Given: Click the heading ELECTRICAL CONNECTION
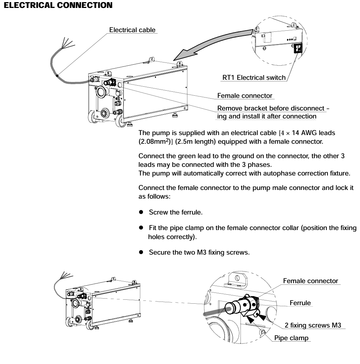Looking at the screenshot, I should [56, 5].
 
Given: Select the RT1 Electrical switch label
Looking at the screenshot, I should [253, 77].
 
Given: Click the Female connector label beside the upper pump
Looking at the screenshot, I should [245, 96].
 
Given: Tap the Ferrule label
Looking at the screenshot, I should [300, 303].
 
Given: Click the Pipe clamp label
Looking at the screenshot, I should [291, 338].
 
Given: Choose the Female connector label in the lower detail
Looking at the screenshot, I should [311, 281].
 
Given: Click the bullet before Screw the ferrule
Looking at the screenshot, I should [142, 212].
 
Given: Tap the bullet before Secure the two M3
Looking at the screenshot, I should [142, 252].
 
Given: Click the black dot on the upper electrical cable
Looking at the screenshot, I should [57, 76].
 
